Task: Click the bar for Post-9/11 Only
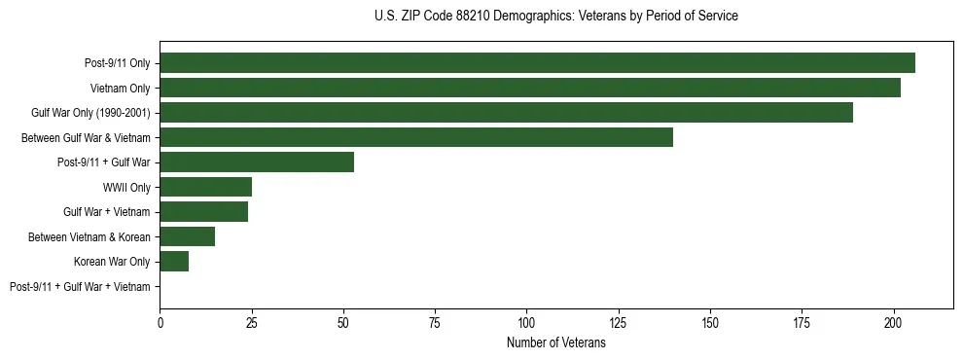pos(537,63)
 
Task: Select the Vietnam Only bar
pos(530,88)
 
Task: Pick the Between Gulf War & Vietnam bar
pos(416,137)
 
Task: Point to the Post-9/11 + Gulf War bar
pos(257,162)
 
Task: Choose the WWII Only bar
pos(205,187)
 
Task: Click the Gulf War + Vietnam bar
pos(203,212)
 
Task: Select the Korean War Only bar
pos(174,262)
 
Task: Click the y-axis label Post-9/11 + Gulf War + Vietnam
pos(80,287)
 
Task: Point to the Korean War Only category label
pos(112,262)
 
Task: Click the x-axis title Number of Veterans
pos(555,343)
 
